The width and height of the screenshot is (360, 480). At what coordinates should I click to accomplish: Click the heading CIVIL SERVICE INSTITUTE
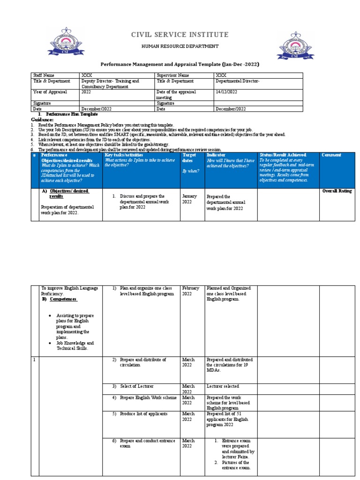coord(180,35)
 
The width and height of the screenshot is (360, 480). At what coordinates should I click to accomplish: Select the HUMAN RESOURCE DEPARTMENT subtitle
coord(180,46)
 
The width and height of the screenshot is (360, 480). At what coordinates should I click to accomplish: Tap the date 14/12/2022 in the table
coord(226,92)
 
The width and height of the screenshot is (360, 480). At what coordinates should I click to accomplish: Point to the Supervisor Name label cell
coord(173,75)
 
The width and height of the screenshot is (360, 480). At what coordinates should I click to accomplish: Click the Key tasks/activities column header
coord(124,155)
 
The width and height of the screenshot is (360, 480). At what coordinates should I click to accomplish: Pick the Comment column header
coord(331,155)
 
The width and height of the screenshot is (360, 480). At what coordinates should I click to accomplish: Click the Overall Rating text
coord(337,191)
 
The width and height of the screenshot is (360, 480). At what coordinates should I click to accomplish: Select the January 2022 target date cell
coord(189,199)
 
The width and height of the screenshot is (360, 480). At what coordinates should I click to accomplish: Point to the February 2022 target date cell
coord(191,291)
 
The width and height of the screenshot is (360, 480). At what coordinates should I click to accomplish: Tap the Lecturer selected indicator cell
coord(223,386)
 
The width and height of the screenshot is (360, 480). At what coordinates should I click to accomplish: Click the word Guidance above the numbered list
coord(42,120)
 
